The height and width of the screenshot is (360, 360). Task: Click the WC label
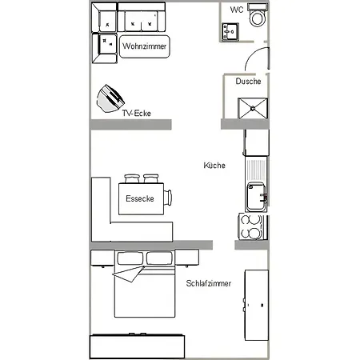(x=237, y=10)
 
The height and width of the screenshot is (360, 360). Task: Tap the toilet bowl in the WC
(x=258, y=18)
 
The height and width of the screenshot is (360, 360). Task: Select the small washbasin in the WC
(x=230, y=32)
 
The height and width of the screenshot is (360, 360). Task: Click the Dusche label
(x=248, y=81)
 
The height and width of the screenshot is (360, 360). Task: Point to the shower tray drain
(x=253, y=108)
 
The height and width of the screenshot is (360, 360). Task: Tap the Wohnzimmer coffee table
(x=145, y=46)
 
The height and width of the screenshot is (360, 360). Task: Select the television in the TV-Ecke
(x=110, y=98)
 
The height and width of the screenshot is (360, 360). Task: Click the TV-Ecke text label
(x=137, y=114)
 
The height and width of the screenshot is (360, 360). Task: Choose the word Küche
(x=214, y=166)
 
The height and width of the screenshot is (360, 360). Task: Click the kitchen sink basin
(x=256, y=197)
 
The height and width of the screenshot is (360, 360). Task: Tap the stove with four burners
(x=252, y=226)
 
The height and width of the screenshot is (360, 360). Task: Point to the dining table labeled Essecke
(x=141, y=198)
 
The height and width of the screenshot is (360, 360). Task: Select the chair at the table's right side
(x=168, y=198)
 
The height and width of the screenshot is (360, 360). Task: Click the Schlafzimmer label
(x=209, y=283)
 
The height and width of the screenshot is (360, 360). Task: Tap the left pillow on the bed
(x=130, y=258)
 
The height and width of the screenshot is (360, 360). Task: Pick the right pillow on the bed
(x=159, y=258)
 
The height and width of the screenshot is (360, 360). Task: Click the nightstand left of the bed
(x=102, y=258)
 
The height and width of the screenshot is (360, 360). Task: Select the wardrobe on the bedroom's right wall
(x=257, y=305)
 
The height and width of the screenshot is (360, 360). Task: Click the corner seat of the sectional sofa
(x=104, y=18)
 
